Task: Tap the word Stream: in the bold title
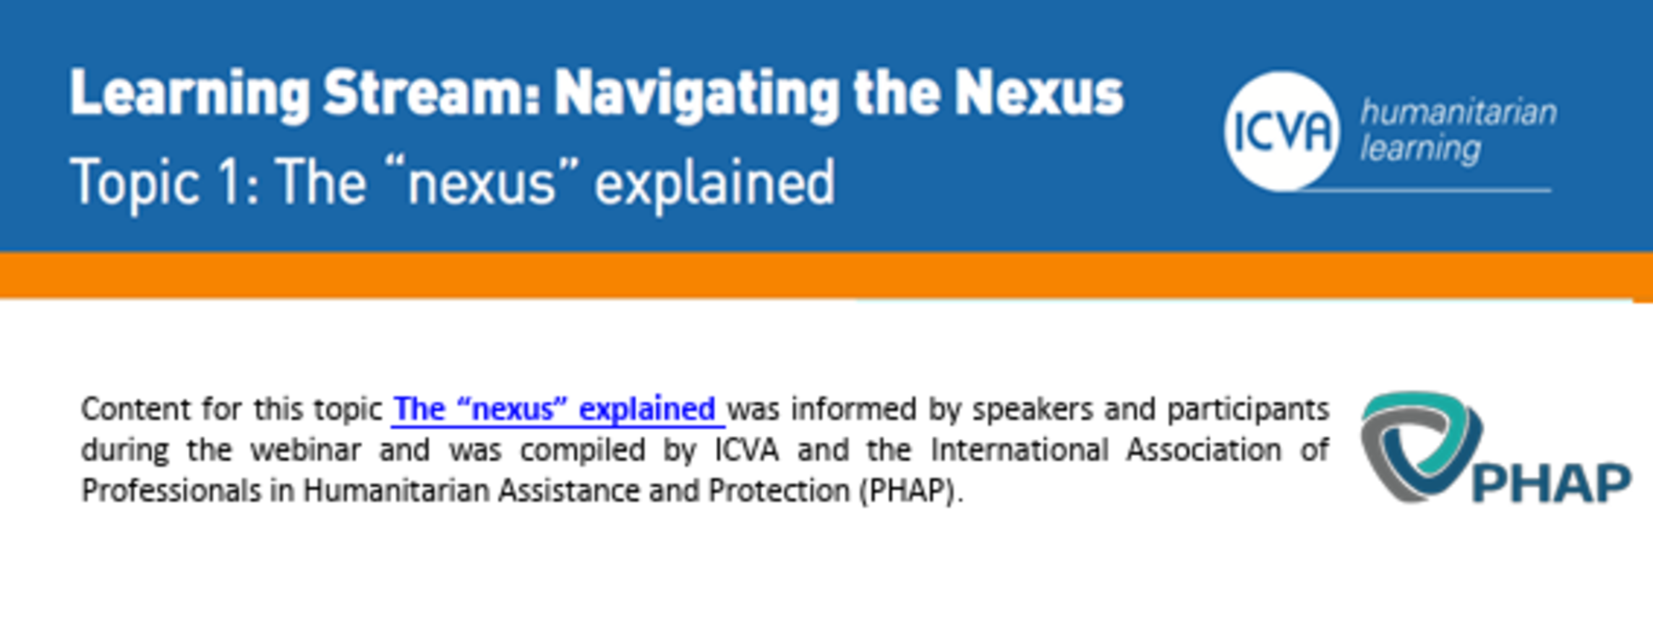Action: [431, 93]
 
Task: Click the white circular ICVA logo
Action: [1281, 132]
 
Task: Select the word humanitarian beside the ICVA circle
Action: [1458, 112]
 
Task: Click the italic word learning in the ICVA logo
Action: [1420, 150]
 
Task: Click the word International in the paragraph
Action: [1020, 450]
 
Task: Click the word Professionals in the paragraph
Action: [171, 492]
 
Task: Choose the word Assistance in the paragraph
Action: [568, 492]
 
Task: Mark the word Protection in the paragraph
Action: [779, 492]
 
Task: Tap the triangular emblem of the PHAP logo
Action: [1419, 447]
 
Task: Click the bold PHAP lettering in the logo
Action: [1552, 483]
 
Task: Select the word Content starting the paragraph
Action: [136, 410]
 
